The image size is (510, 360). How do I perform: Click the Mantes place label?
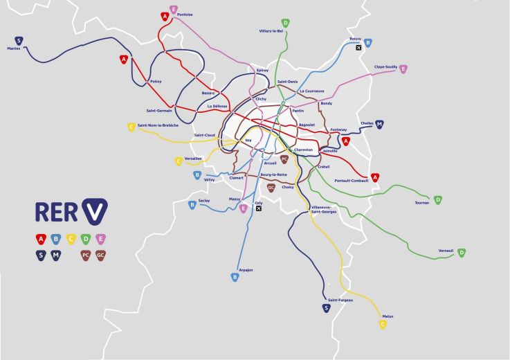tap(14, 48)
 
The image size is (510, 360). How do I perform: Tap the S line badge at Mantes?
tap(19, 40)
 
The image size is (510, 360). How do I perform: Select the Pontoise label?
tap(185, 15)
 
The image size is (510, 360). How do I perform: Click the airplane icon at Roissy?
tap(358, 48)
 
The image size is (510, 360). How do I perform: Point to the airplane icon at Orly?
tap(259, 209)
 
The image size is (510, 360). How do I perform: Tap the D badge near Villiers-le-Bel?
tap(285, 23)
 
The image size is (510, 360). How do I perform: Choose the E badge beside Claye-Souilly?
tap(403, 69)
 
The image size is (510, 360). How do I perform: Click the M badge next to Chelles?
tap(379, 125)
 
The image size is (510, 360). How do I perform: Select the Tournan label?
tap(421, 202)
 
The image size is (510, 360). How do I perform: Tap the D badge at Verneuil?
tap(462, 253)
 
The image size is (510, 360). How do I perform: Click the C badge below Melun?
tap(383, 324)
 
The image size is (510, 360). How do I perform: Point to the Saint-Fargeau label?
tap(340, 300)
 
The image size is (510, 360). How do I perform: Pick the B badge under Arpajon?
tap(235, 277)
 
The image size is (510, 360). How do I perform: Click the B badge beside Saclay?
tap(192, 204)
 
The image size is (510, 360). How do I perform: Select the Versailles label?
tap(193, 158)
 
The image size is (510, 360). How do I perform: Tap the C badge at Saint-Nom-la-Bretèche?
tap(131, 127)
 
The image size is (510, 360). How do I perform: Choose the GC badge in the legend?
tap(101, 255)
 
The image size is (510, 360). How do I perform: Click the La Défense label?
tap(217, 106)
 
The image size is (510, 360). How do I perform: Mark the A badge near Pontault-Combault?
tap(375, 177)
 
